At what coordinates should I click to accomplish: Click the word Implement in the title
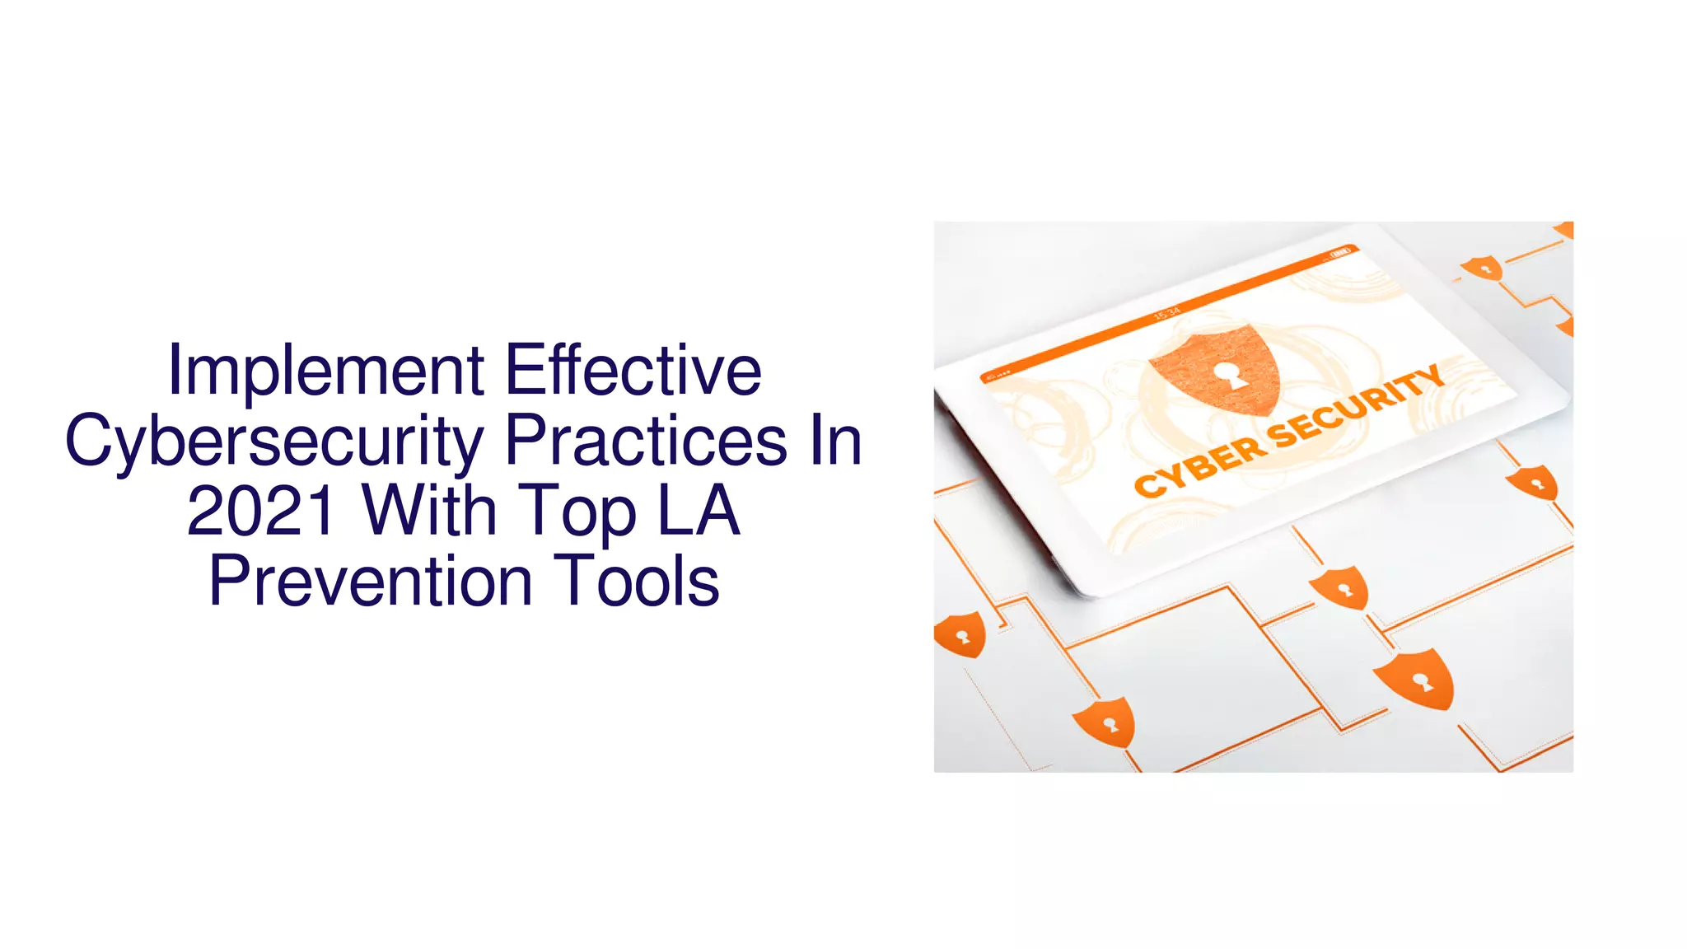[326, 372]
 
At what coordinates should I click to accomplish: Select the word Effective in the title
[633, 370]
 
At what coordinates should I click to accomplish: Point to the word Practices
[646, 441]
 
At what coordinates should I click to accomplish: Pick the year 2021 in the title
[261, 511]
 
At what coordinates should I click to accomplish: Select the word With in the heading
[429, 511]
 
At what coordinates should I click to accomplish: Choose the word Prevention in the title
[371, 582]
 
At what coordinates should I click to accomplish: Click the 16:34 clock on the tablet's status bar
[1167, 312]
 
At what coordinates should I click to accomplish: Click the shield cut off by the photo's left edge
[959, 634]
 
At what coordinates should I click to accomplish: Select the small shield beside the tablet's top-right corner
[1483, 268]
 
